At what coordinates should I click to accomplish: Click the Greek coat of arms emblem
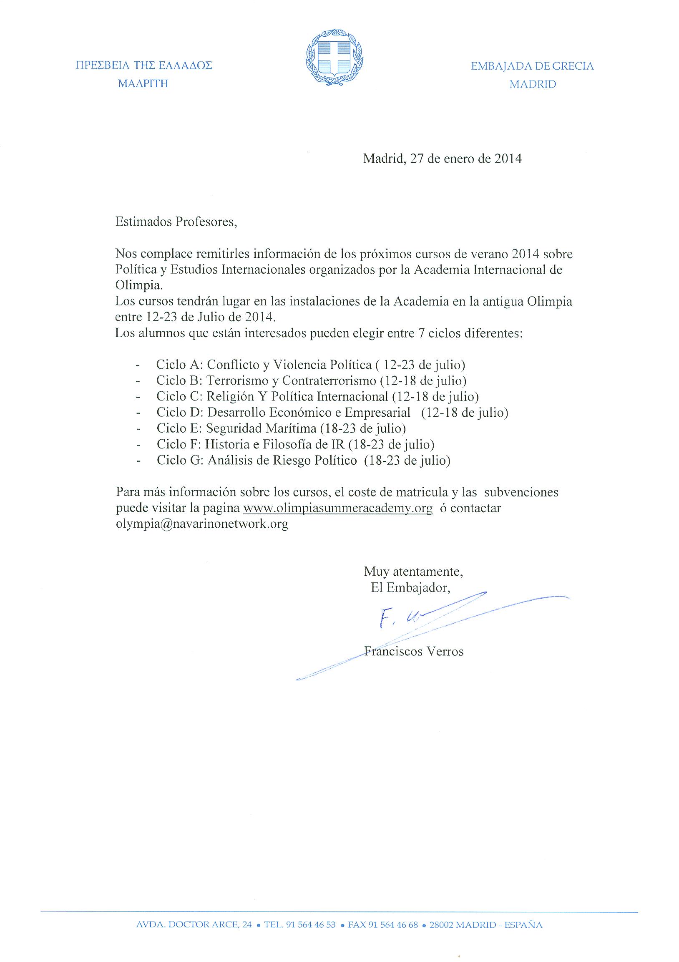click(334, 58)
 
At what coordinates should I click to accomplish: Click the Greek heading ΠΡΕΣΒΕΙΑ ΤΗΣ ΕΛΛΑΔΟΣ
click(143, 65)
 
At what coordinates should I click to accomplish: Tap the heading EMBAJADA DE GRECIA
click(532, 66)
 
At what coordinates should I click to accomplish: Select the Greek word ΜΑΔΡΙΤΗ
click(143, 84)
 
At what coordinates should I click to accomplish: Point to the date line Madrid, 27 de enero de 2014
click(442, 159)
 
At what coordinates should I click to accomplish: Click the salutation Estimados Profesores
click(176, 222)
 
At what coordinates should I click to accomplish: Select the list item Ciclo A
click(310, 365)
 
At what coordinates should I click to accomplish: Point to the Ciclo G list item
click(303, 461)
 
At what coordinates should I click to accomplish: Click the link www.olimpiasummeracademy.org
click(337, 509)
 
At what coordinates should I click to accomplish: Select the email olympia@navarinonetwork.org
click(202, 524)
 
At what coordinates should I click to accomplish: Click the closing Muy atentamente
click(413, 572)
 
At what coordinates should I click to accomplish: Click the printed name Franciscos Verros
click(414, 652)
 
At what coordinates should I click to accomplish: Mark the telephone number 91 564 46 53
click(310, 925)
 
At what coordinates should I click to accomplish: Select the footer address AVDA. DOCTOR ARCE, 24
click(194, 925)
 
